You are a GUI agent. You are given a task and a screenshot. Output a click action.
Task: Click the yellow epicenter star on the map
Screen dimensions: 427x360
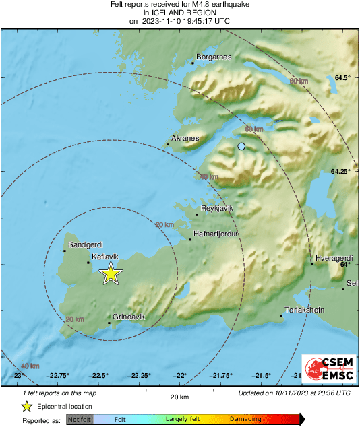click(111, 273)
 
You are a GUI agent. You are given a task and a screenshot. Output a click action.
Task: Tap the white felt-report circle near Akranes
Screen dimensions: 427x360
click(241, 146)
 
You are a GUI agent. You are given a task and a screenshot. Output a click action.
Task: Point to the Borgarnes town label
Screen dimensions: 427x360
click(214, 57)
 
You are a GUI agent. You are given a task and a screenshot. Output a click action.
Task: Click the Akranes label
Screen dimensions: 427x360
click(186, 138)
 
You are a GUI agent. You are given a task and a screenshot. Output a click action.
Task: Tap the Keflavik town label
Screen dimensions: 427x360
click(104, 257)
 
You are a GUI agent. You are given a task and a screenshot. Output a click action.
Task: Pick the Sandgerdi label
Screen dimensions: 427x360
click(85, 244)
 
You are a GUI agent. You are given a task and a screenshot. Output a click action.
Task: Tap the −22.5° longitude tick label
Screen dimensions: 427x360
click(98, 376)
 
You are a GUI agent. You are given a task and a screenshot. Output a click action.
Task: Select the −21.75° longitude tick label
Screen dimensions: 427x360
click(221, 376)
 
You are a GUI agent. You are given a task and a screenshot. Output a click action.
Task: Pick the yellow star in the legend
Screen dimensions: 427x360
click(26, 406)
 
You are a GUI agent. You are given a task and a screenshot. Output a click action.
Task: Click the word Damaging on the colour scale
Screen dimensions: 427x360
click(245, 419)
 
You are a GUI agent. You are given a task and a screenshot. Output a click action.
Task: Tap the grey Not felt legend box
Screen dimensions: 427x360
click(80, 419)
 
